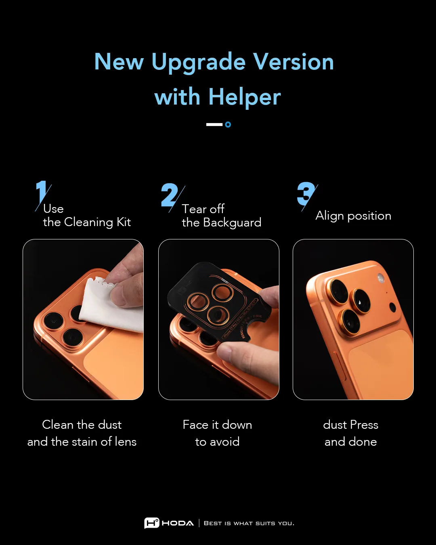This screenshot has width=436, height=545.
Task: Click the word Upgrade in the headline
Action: (198, 63)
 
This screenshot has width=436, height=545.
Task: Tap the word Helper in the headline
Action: (244, 97)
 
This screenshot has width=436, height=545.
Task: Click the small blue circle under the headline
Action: (228, 125)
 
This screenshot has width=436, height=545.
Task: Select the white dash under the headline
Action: (214, 125)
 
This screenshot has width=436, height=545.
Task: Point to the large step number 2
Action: (169, 195)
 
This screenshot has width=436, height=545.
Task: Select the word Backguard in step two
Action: (232, 222)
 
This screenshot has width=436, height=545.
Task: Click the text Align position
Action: (353, 216)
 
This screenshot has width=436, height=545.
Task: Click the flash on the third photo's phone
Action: (380, 278)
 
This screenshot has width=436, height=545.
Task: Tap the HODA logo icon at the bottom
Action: (151, 523)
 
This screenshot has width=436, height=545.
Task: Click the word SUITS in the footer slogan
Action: (265, 524)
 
